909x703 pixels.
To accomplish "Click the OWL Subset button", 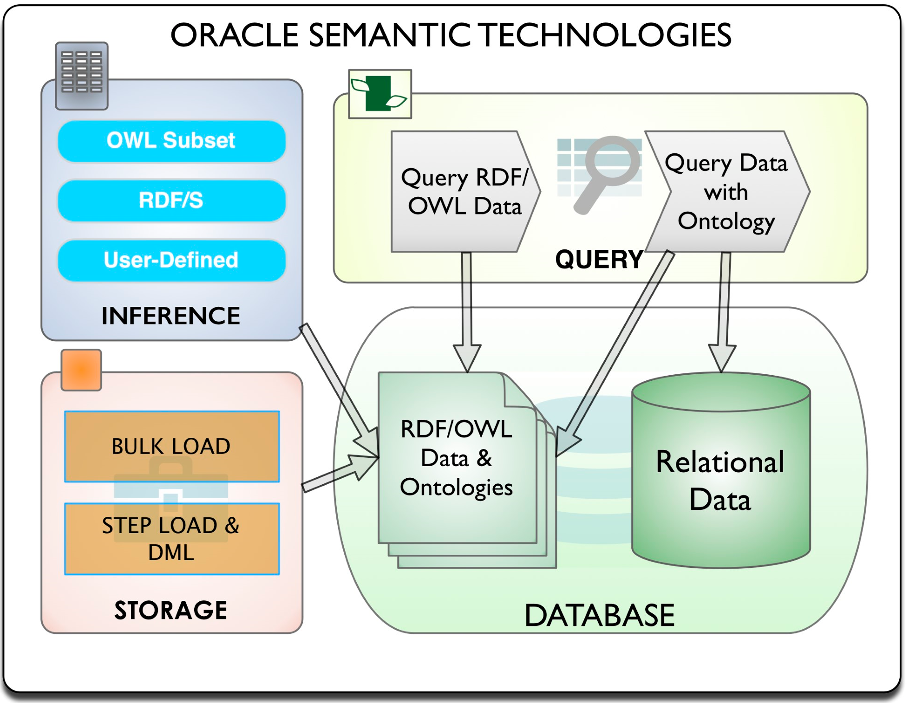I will click(171, 141).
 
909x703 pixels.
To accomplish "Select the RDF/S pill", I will click(171, 201).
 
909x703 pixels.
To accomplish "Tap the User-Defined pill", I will click(171, 260).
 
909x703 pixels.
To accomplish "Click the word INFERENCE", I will click(171, 316).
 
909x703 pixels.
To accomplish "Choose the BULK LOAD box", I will click(171, 446).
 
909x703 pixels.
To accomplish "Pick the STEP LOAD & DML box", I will click(171, 539).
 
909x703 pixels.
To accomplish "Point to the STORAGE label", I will click(171, 610).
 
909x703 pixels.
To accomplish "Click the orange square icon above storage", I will click(81, 370).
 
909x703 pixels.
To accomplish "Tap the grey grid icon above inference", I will click(82, 76).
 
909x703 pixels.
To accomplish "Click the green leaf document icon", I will click(380, 94).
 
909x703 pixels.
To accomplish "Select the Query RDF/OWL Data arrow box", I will click(464, 191).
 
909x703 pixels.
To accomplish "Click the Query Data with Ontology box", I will click(726, 191).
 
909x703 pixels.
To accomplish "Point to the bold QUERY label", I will click(599, 259).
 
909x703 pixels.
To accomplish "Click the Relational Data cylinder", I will click(721, 478).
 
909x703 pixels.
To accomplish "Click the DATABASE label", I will click(599, 615).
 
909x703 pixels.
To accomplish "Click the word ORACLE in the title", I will click(234, 35).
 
